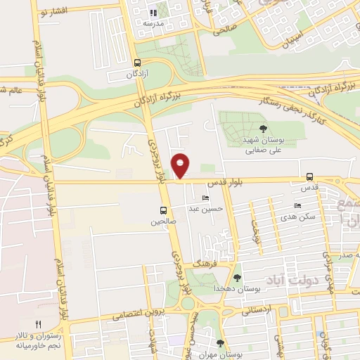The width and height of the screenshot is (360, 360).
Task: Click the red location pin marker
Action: [181, 165]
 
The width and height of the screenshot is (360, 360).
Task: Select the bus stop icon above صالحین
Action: [164, 210]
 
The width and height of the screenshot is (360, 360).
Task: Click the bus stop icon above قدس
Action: [310, 178]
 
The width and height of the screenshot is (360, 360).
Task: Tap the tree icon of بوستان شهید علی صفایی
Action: [263, 129]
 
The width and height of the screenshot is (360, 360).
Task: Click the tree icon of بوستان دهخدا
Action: [237, 278]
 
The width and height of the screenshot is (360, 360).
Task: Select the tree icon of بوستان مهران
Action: [221, 344]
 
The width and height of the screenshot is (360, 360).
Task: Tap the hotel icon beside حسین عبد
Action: [205, 198]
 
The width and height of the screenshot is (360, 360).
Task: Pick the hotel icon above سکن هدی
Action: [297, 205]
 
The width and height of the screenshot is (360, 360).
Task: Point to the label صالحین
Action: [160, 221]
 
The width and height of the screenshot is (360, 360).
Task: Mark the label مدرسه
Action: [153, 23]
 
